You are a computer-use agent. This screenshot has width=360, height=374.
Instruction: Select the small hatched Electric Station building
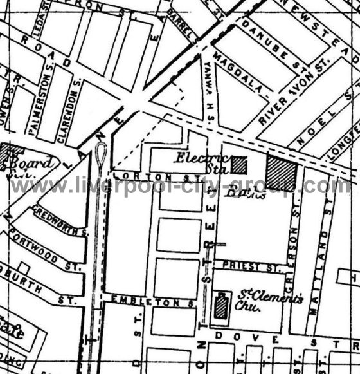coord(239,165)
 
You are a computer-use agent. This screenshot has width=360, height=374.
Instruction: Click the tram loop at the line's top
coord(100,155)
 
